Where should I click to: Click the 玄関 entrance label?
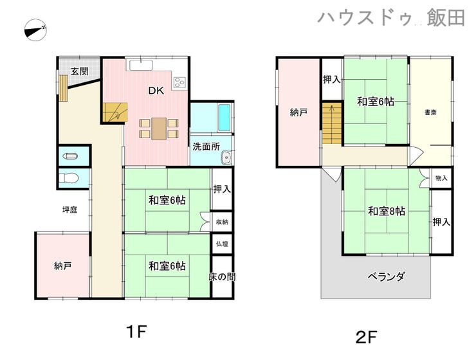pyautogui.click(x=79, y=72)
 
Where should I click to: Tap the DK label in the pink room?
pyautogui.click(x=156, y=91)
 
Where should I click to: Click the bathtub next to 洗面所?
pyautogui.click(x=224, y=117)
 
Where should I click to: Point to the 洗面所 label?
pyautogui.click(x=206, y=147)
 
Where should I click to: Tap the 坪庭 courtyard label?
pyautogui.click(x=71, y=210)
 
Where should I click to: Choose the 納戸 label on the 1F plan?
pyautogui.click(x=62, y=265)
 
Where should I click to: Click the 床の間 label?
pyautogui.click(x=221, y=276)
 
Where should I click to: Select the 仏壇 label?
pyautogui.click(x=221, y=244)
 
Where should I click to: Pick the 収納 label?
pyautogui.click(x=221, y=221)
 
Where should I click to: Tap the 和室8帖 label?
pyautogui.click(x=386, y=211)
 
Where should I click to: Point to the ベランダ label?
pyautogui.click(x=386, y=277)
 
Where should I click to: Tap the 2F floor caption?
pyautogui.click(x=366, y=335)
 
